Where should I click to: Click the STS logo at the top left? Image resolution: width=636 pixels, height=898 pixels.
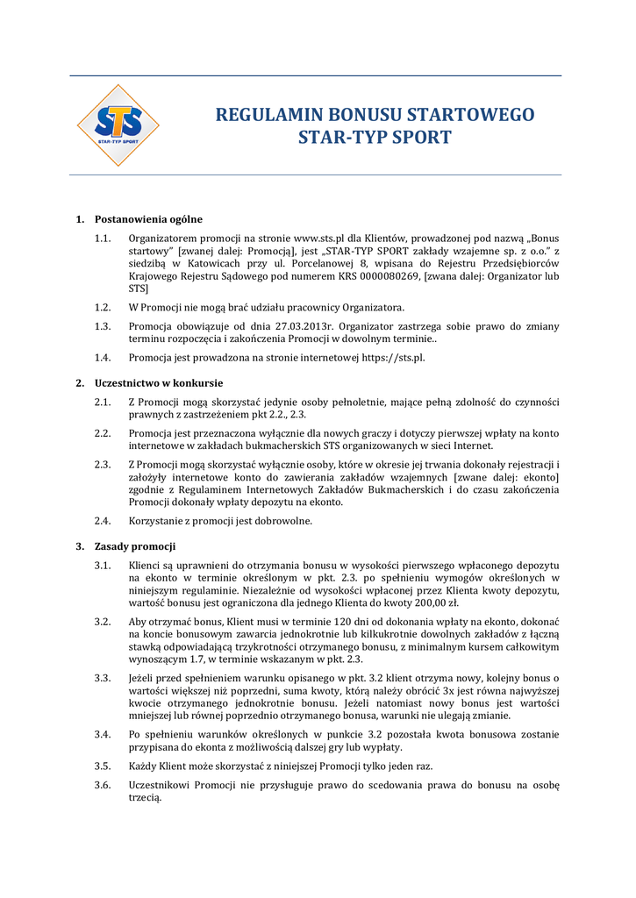click(118, 125)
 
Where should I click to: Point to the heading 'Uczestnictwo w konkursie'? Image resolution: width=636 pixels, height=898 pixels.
click(159, 383)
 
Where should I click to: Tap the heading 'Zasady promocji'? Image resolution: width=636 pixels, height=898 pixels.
click(135, 546)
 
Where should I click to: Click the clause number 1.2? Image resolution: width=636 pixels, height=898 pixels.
click(103, 307)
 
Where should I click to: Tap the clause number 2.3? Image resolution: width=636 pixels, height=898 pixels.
click(103, 464)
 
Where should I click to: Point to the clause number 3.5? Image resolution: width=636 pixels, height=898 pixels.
click(103, 766)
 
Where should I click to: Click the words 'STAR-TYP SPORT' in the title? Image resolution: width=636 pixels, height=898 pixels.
click(375, 138)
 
